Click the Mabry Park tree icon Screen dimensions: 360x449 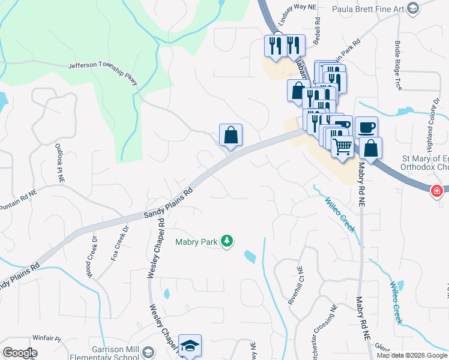coord(227,241)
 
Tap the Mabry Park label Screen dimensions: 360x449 coord(196,242)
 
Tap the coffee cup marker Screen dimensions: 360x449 coord(366,127)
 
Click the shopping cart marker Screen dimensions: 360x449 coord(342,146)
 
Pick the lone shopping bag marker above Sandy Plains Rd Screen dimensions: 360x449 coord(231,135)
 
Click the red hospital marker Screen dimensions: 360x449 coord(437,191)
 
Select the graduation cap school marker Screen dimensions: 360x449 coord(190,346)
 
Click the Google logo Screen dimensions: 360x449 coord(20,353)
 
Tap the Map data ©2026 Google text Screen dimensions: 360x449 coord(412,355)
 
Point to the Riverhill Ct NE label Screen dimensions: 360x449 coord(295,285)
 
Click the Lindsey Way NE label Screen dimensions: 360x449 coord(294,6)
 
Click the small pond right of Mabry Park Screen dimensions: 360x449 coord(250,257)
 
